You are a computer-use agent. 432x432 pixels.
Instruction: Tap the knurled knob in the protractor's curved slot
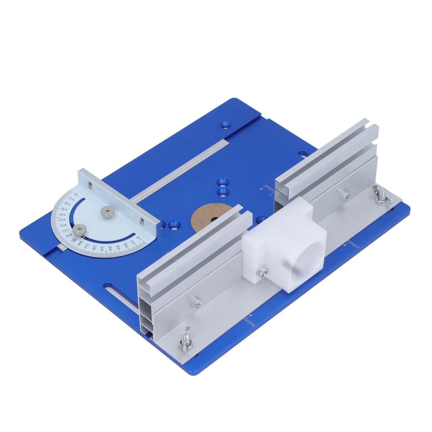(79, 229)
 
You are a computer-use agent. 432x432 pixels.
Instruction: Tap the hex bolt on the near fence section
(195, 301)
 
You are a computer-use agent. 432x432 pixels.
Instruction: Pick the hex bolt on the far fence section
(344, 194)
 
